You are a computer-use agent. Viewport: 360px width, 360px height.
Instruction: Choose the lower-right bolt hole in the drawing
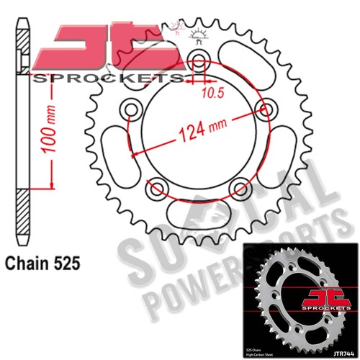click(x=243, y=190)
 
